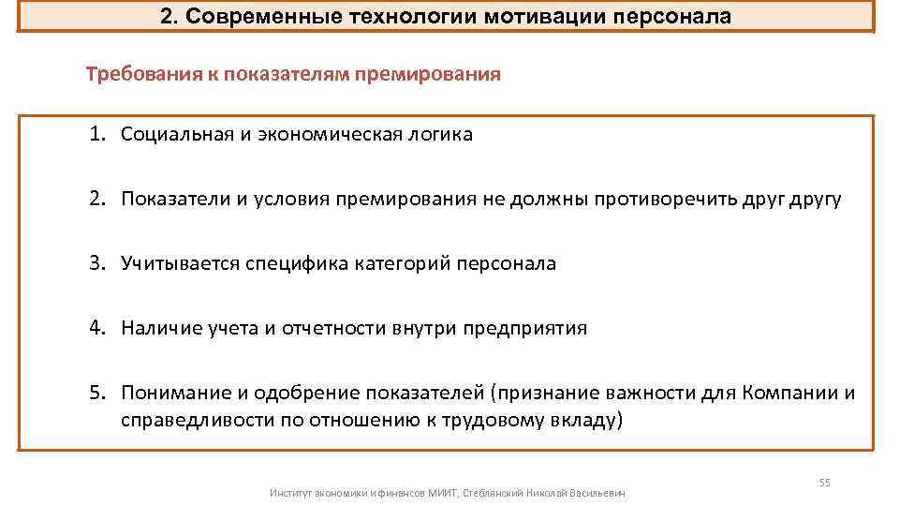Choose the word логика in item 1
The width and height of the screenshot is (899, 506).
click(x=439, y=134)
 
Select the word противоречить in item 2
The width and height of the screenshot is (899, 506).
click(x=654, y=199)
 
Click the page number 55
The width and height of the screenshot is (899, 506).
click(x=824, y=482)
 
